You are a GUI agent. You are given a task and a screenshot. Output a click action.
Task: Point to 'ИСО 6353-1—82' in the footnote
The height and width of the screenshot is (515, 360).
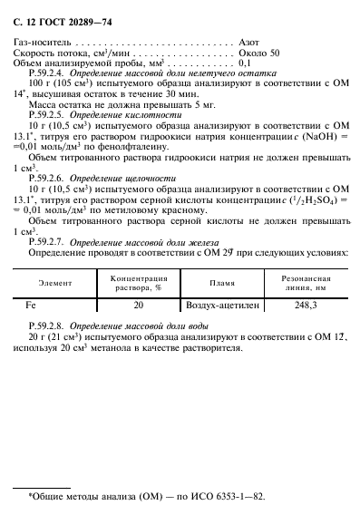(x=210, y=497)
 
